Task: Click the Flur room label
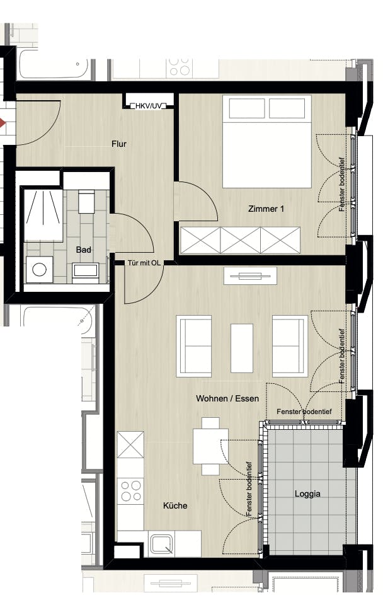(119, 144)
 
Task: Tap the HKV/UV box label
(149, 106)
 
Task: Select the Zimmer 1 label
(266, 209)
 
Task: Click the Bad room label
(83, 250)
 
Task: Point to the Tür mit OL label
(144, 263)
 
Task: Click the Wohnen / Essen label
(227, 398)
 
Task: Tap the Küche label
(175, 505)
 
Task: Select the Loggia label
(307, 493)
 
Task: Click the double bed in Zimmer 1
(267, 142)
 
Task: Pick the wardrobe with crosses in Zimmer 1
(240, 240)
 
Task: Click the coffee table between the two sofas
(242, 348)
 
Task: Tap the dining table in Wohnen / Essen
(211, 446)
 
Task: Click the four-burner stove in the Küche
(131, 491)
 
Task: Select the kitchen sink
(161, 544)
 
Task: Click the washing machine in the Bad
(40, 269)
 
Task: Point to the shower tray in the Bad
(43, 215)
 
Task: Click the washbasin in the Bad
(86, 271)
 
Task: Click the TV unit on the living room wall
(250, 276)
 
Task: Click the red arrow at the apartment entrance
(3, 124)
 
